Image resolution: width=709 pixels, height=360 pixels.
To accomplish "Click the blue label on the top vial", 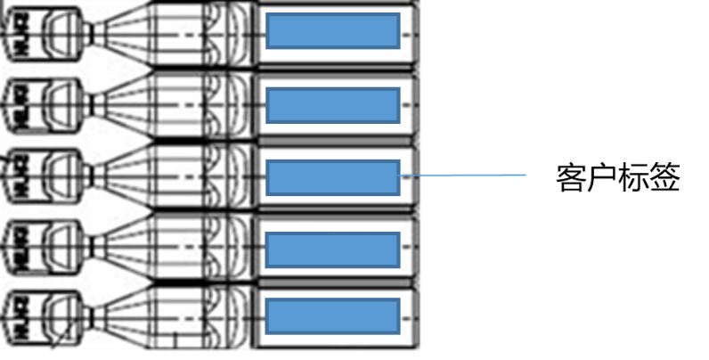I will coord(333,32).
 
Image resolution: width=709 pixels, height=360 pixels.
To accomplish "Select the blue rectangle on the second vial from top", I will coord(333,104).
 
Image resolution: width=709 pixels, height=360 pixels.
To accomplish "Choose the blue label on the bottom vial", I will coord(333,317).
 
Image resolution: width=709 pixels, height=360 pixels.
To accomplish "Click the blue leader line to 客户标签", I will coord(463,176).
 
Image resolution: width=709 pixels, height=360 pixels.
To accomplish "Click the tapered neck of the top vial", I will coord(120,32).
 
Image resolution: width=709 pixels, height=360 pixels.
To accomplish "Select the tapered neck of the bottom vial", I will coord(120,315).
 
